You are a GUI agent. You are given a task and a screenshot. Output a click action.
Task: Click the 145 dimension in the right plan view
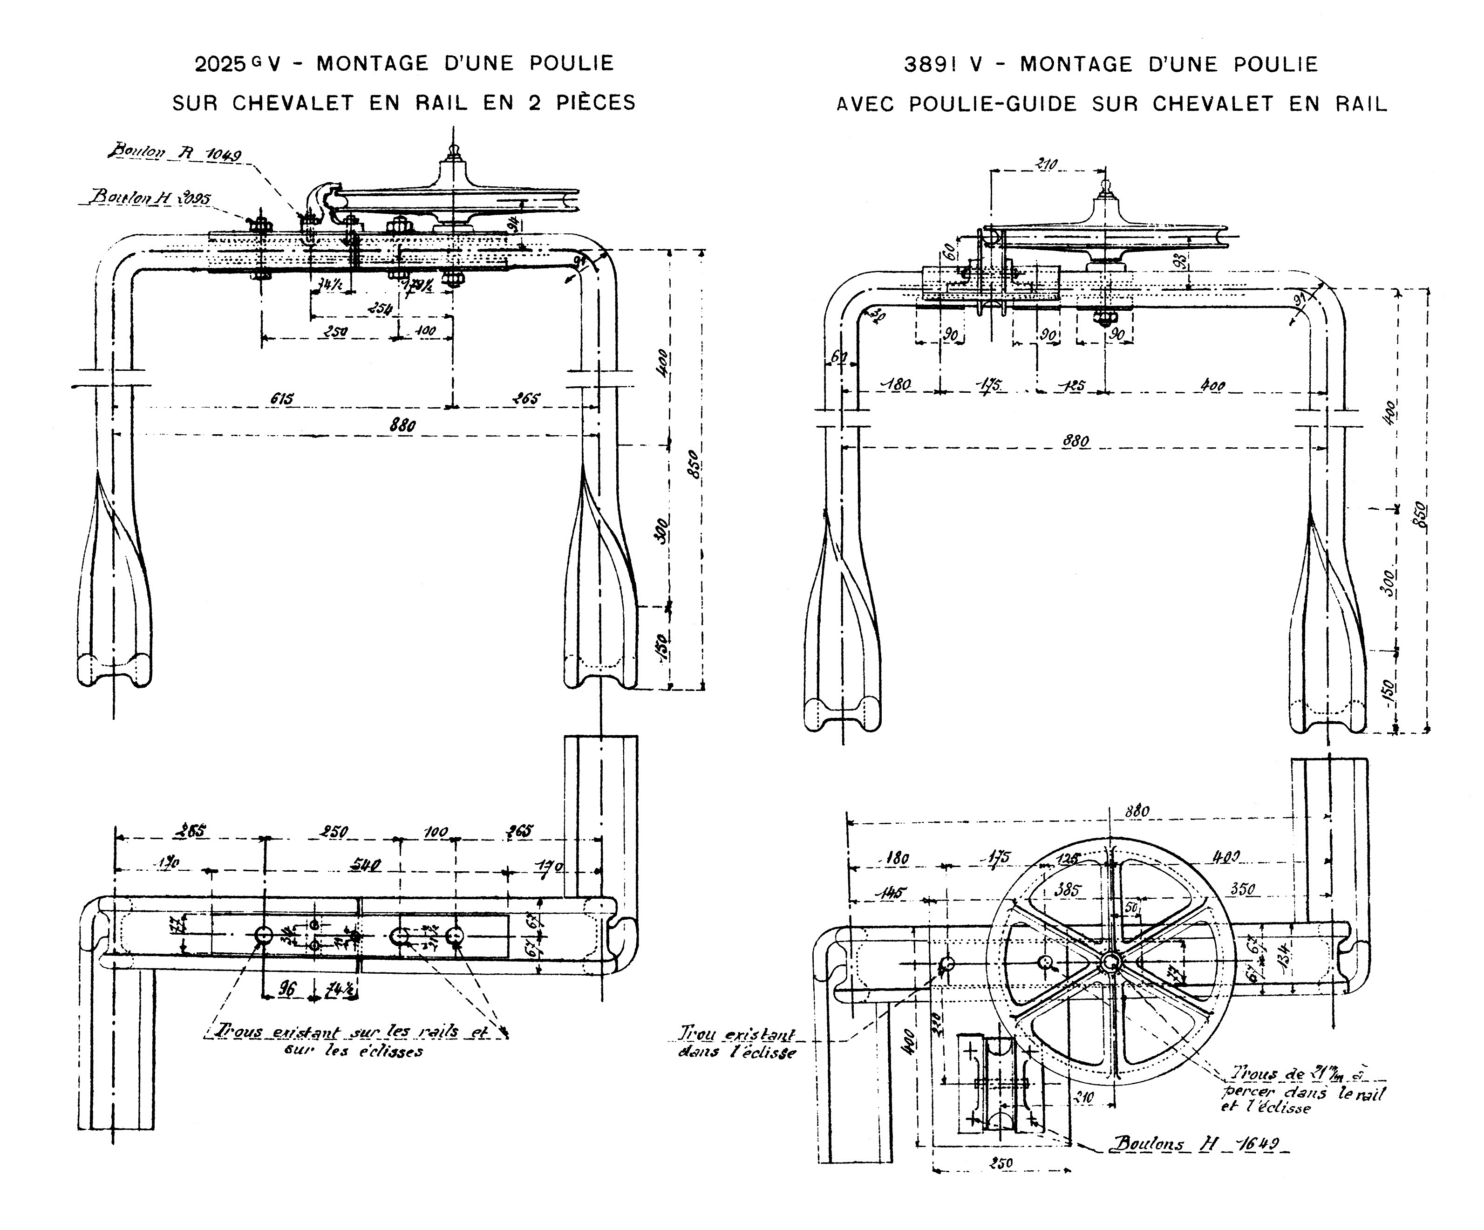tap(894, 892)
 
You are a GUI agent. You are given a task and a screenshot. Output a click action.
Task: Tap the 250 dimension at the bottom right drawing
tap(1001, 1163)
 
